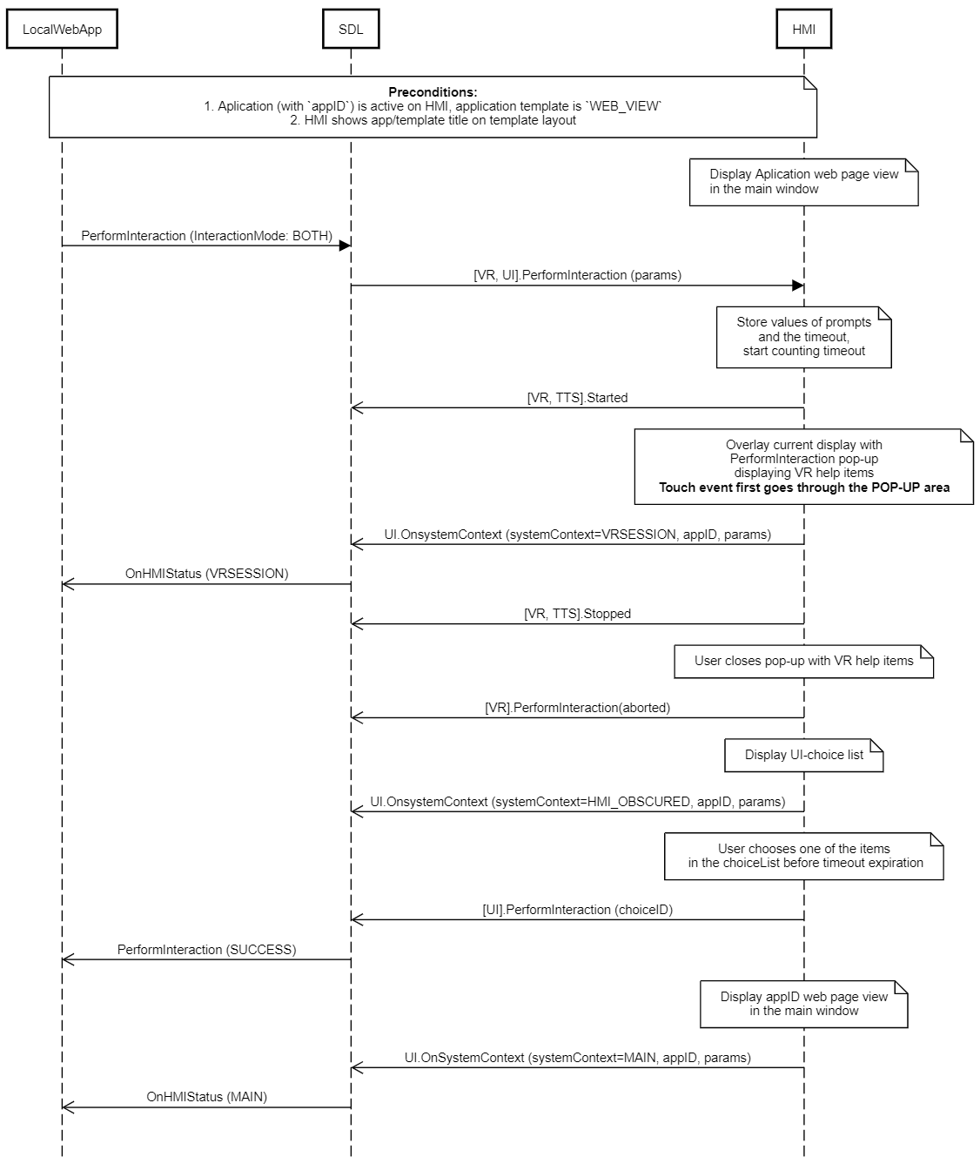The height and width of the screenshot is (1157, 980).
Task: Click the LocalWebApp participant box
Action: point(62,29)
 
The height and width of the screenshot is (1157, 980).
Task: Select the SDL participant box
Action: point(351,29)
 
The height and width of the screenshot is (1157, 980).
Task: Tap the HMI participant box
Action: point(803,29)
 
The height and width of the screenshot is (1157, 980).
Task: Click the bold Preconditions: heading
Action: point(433,91)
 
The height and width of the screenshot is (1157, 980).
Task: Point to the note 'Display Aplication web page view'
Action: point(803,182)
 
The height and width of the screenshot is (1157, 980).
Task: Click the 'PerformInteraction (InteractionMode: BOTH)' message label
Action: point(206,236)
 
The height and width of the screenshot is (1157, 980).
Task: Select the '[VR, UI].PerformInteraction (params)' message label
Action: point(577,275)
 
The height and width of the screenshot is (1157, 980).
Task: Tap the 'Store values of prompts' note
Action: point(803,337)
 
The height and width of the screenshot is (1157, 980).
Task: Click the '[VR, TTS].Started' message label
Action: point(577,398)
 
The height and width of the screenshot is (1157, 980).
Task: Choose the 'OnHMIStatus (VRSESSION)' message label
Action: point(206,573)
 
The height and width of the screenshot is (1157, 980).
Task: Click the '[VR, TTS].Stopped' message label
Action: point(577,614)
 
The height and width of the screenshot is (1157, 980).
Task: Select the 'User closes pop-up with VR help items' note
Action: point(803,661)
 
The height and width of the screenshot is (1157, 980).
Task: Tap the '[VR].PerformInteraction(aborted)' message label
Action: point(577,708)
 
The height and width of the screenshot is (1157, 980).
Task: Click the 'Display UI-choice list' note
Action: point(803,755)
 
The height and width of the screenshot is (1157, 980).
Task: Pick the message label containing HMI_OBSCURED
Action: point(577,802)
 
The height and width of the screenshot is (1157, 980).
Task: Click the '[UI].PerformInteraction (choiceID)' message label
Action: point(577,910)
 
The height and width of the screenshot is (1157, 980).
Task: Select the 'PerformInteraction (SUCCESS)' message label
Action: point(206,949)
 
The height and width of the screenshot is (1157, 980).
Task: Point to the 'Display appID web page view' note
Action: point(803,1004)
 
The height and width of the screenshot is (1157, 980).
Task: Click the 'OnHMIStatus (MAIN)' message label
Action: point(206,1097)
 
